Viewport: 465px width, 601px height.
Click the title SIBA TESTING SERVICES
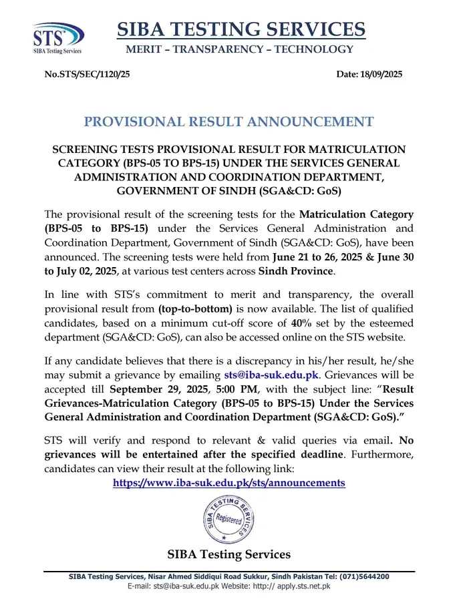(241, 29)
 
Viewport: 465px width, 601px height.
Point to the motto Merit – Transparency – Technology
(240, 49)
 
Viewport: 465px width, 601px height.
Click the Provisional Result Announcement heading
(229, 122)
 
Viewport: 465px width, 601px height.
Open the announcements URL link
(229, 482)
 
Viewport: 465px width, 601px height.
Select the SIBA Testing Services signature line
(229, 554)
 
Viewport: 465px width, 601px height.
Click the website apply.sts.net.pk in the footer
(303, 586)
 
